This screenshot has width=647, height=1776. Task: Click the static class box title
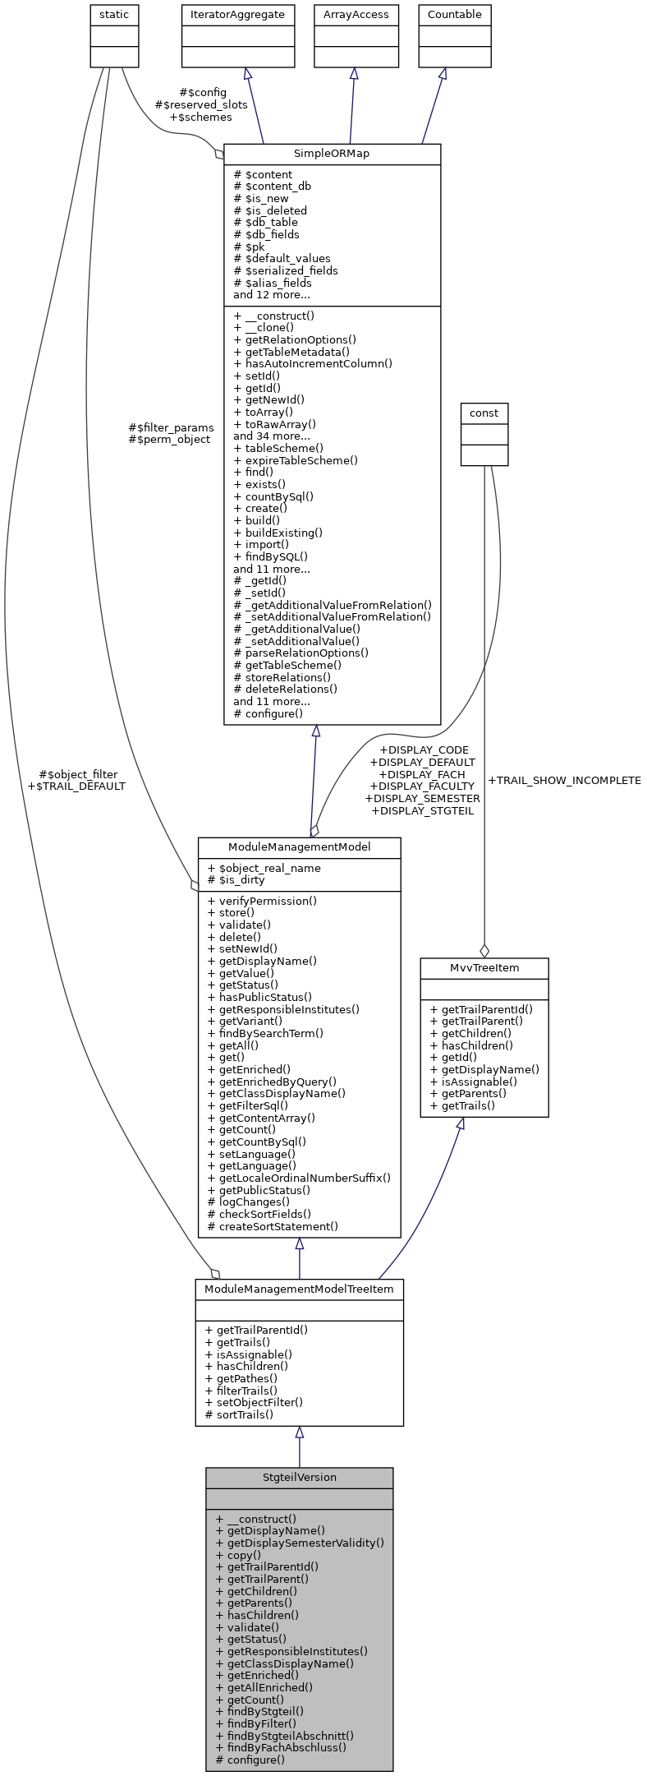click(114, 15)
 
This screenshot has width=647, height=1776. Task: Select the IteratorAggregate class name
click(238, 15)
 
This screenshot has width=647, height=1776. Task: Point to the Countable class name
click(455, 15)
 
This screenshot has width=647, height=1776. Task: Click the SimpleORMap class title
click(332, 154)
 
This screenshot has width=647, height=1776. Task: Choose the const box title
click(484, 413)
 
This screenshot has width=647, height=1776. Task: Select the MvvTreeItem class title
click(484, 967)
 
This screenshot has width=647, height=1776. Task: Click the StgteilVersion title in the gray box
click(299, 1477)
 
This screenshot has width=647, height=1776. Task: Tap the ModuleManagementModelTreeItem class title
click(299, 1289)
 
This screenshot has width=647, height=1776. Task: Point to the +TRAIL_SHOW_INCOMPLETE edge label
click(564, 780)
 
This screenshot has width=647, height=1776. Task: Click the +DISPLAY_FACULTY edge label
click(422, 786)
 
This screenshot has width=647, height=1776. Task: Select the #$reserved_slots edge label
click(201, 105)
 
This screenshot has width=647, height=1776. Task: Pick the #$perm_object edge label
click(169, 439)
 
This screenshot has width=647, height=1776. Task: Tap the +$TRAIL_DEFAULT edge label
click(76, 786)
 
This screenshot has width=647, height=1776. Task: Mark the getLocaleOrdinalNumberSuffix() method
click(299, 1178)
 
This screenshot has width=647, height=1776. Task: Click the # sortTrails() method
click(239, 1414)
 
